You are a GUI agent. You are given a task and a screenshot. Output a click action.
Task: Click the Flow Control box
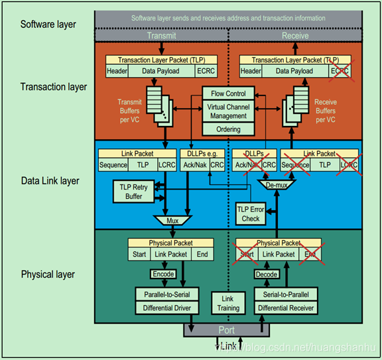pos(227,93)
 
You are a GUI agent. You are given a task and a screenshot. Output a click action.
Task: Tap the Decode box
pos(266,274)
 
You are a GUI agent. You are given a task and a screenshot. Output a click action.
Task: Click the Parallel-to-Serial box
pos(163,294)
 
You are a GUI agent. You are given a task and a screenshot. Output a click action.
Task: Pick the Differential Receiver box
pos(285,308)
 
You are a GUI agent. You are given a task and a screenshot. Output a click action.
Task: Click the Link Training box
pos(227,303)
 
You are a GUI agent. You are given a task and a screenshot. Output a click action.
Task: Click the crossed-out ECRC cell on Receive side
pos(341,71)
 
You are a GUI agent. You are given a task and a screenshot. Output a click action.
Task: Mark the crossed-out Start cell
pos(247,254)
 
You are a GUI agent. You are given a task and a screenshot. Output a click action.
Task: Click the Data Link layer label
pos(50,181)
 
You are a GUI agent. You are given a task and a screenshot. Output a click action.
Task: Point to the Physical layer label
pos(48,274)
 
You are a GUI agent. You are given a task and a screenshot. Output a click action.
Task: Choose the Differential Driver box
pos(163,308)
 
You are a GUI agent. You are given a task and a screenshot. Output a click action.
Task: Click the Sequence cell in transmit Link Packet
pos(113,164)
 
